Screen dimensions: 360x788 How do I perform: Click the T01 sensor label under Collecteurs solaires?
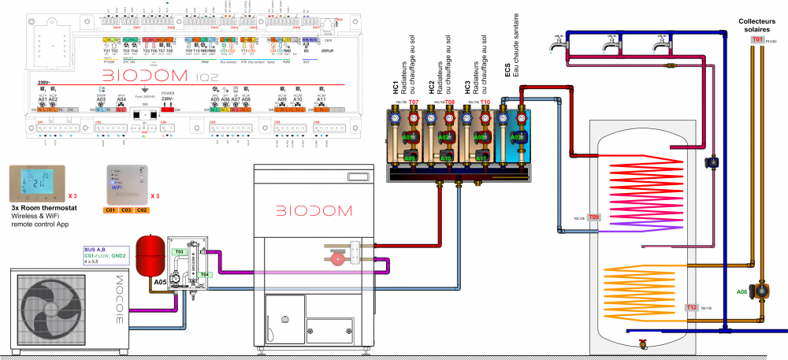(x=757, y=39)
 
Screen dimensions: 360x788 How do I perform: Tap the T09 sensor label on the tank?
(x=594, y=217)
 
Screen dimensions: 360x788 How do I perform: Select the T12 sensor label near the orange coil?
(x=691, y=307)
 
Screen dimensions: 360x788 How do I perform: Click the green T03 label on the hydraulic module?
(x=179, y=251)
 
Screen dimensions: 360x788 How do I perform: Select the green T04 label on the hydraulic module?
(x=205, y=274)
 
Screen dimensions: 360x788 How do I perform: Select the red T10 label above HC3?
(x=485, y=102)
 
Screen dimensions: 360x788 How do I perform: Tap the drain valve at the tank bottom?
(x=643, y=344)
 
